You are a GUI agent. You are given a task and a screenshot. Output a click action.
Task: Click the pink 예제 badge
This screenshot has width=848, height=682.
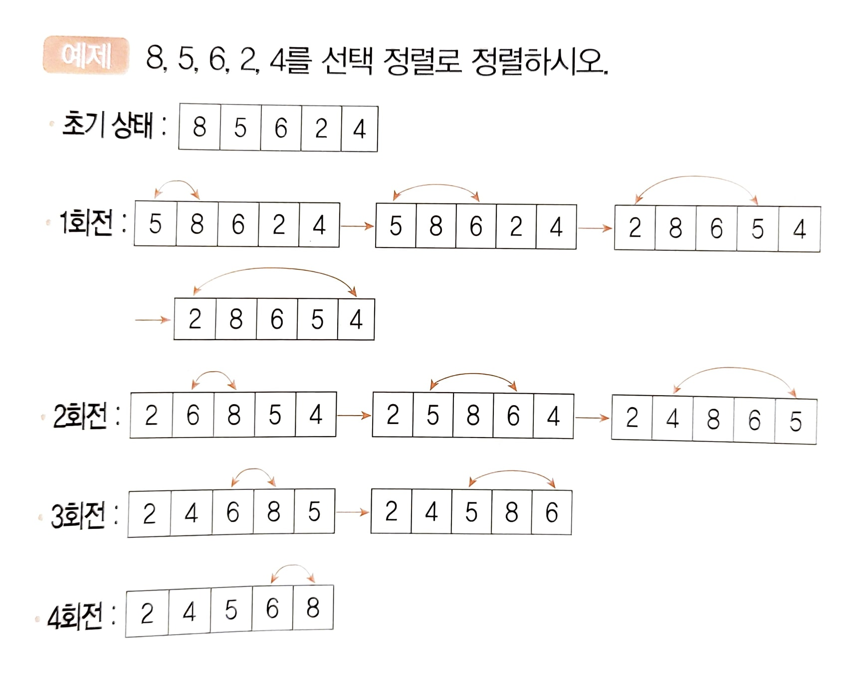(86, 55)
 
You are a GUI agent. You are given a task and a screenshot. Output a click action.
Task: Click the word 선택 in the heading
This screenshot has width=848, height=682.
(347, 61)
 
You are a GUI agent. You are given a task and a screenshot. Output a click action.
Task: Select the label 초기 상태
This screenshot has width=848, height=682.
(107, 125)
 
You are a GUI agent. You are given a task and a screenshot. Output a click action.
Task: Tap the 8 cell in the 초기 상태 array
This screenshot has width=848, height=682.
(200, 128)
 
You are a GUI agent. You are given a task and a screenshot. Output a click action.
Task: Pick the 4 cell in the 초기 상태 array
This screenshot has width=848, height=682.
(360, 129)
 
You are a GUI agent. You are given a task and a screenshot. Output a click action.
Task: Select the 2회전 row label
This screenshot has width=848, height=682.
(80, 416)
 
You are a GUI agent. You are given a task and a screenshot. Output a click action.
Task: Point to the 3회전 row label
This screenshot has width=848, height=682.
(78, 515)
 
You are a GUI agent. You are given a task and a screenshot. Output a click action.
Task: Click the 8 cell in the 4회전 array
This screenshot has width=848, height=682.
(313, 608)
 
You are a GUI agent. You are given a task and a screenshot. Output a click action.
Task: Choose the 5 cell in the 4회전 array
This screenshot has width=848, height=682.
(230, 610)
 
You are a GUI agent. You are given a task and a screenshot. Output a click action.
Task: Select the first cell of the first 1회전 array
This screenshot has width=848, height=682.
(155, 225)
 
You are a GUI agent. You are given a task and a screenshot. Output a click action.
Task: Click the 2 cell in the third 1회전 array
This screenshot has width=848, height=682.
(635, 228)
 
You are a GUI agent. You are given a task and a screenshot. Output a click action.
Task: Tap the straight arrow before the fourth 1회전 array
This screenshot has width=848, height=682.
(152, 320)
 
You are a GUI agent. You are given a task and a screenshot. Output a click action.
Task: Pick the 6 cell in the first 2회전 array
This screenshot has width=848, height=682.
(193, 415)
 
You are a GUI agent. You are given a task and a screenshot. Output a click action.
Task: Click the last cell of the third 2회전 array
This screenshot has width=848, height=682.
(796, 422)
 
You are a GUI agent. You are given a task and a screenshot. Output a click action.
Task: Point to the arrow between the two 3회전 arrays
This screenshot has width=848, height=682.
(352, 512)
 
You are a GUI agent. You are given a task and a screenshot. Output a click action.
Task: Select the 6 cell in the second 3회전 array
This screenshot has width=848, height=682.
(551, 513)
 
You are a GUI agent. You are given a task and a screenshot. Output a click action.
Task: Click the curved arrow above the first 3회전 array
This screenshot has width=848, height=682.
(253, 471)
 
